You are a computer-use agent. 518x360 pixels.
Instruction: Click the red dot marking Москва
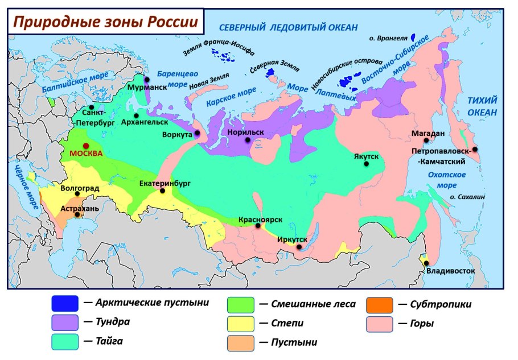[86, 146]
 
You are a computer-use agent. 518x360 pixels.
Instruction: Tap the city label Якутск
[365, 155]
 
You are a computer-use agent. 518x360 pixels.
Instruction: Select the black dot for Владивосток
[426, 262]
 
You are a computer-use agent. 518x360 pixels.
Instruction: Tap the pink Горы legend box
[379, 324]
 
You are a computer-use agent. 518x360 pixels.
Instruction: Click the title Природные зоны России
[106, 22]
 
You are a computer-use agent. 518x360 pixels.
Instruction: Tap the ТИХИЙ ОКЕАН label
[482, 106]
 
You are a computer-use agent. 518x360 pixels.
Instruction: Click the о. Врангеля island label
[388, 39]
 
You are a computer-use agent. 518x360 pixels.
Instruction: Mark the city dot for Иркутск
[299, 247]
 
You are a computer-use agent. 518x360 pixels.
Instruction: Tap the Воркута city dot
[197, 134]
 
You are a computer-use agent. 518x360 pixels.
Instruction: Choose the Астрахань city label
[80, 208]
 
